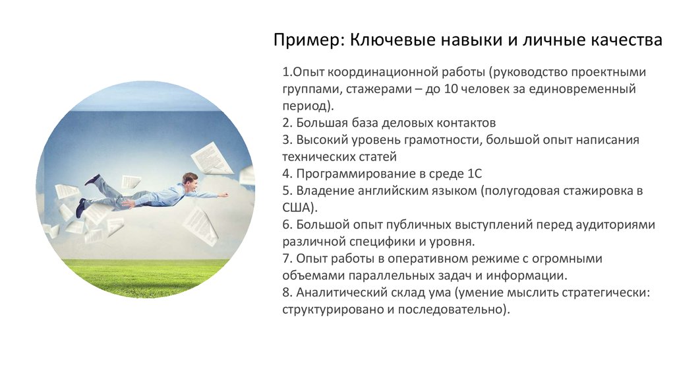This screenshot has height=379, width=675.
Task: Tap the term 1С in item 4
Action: pos(475,174)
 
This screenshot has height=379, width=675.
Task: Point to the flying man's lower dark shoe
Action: pos(80,208)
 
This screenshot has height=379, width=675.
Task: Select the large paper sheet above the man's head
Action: pos(212,159)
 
